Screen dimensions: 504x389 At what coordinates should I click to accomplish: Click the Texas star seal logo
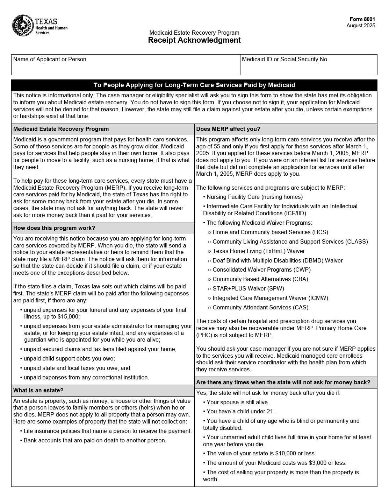tap(23, 25)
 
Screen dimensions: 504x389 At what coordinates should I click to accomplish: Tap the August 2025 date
tap(361, 26)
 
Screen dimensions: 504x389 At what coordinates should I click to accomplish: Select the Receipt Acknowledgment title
tap(194, 40)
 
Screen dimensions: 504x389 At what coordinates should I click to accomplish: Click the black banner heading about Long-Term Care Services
tap(194, 85)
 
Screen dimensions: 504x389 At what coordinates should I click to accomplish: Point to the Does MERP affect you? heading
tap(228, 129)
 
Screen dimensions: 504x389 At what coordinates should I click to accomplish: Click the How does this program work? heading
tap(54, 228)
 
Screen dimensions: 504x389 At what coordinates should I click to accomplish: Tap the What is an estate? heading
tap(38, 391)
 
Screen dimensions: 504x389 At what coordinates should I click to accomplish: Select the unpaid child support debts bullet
tap(69, 359)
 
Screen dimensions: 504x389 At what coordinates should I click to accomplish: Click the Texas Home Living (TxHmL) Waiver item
tap(258, 251)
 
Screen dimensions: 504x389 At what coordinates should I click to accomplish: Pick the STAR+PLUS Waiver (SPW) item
tap(248, 289)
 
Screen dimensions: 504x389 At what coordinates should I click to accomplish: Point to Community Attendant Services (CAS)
tap(260, 308)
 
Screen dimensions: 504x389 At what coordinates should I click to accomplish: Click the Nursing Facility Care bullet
tap(254, 197)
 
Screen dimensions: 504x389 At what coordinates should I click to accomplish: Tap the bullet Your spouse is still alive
tap(238, 402)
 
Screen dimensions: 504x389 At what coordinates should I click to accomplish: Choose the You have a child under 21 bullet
tap(240, 412)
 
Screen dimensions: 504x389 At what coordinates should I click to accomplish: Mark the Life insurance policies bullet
tap(107, 431)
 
